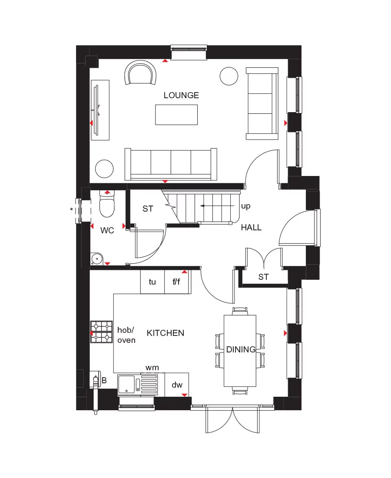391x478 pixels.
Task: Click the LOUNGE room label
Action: click(x=181, y=95)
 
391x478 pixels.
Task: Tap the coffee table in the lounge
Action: click(x=176, y=115)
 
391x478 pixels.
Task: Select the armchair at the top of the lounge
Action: click(x=140, y=73)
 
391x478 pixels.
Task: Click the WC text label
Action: click(x=107, y=230)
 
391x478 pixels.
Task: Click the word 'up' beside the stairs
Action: click(x=245, y=206)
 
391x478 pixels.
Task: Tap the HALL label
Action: click(x=251, y=227)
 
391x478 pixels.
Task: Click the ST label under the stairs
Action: click(x=148, y=209)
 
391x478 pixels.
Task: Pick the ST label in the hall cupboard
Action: click(x=263, y=277)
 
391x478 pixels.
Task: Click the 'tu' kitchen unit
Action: click(x=152, y=282)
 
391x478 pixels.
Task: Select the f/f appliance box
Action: click(x=177, y=282)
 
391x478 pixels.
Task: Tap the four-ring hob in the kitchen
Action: click(x=101, y=332)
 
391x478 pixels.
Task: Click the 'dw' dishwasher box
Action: click(x=177, y=385)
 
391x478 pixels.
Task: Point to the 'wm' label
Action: click(x=152, y=368)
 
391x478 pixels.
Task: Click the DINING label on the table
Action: click(x=240, y=349)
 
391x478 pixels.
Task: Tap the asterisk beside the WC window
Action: click(x=71, y=210)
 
